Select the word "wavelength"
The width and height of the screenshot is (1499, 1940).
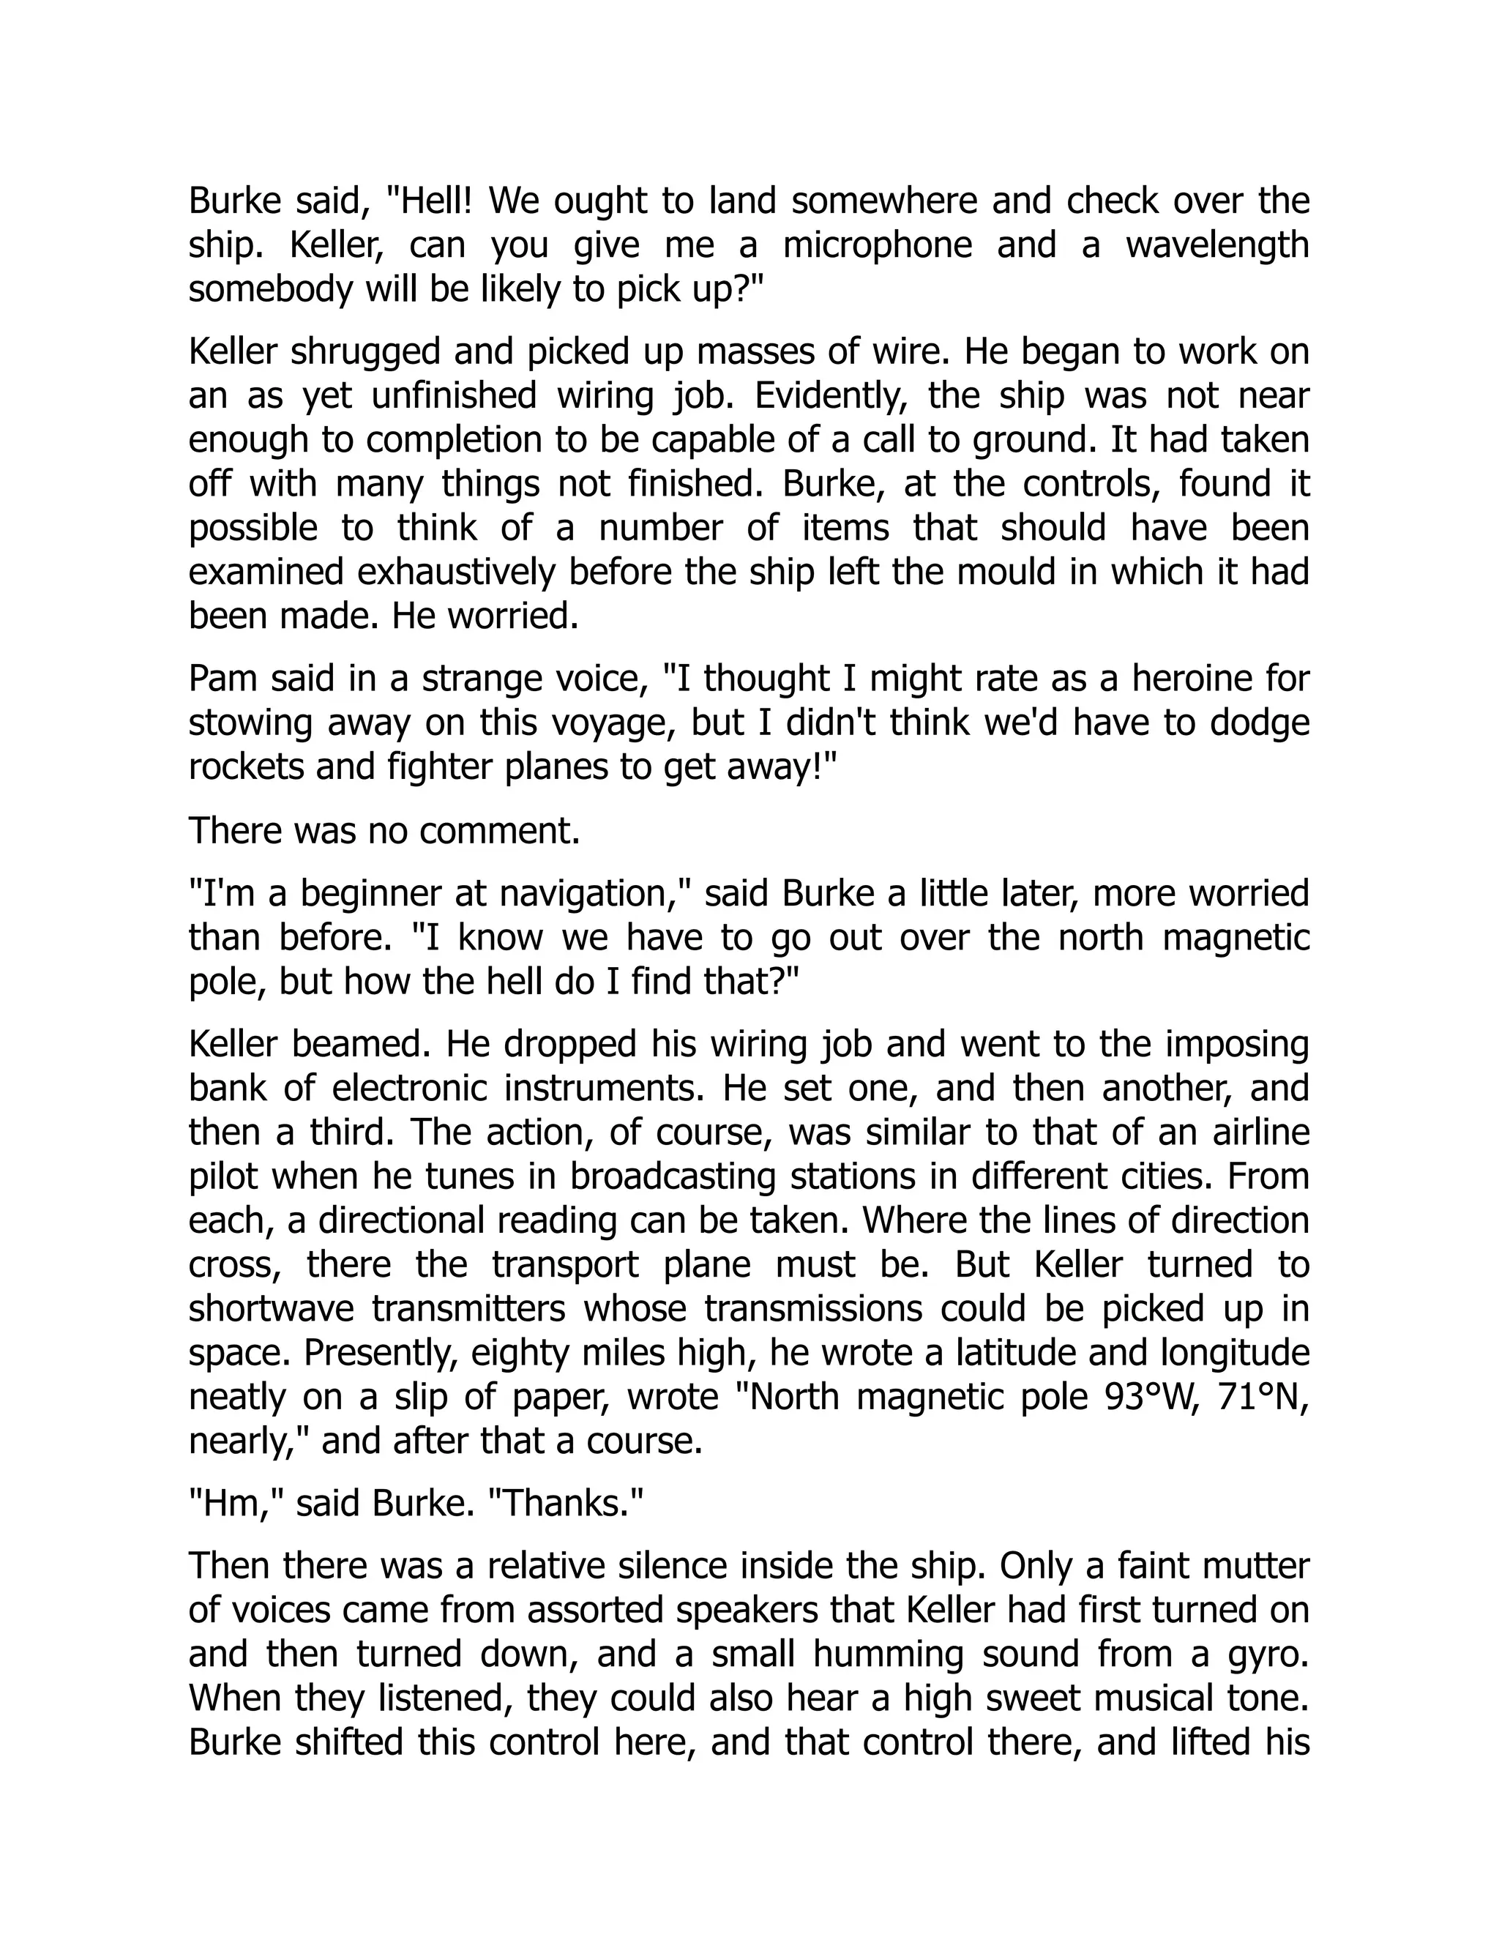1217,246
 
